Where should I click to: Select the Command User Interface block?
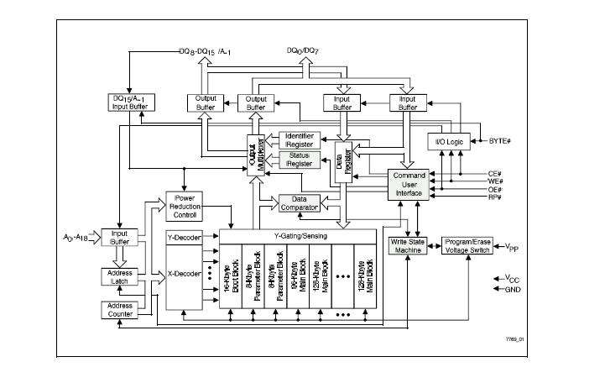pos(406,184)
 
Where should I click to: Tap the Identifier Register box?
pos(300,140)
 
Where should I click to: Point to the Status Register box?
pos(300,160)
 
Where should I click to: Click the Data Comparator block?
pos(299,202)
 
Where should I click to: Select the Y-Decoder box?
pos(184,238)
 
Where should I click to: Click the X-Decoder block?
pos(184,273)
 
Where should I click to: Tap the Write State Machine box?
pos(408,246)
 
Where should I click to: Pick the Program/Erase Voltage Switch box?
pos(467,246)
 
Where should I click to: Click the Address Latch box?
pos(118,276)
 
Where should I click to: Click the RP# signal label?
pos(494,197)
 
